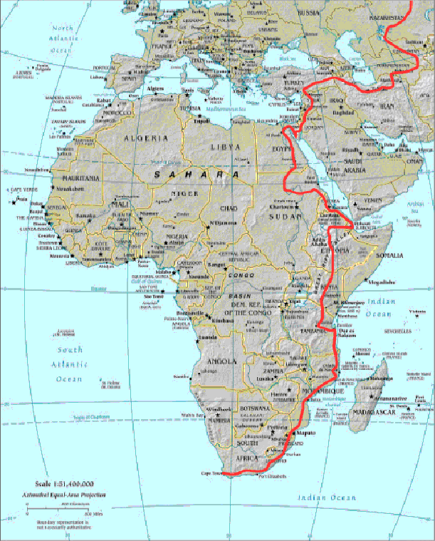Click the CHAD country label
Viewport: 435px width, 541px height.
pyautogui.click(x=229, y=208)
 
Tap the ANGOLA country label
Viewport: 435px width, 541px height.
pyautogui.click(x=221, y=361)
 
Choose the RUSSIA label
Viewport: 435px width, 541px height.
pyautogui.click(x=309, y=13)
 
